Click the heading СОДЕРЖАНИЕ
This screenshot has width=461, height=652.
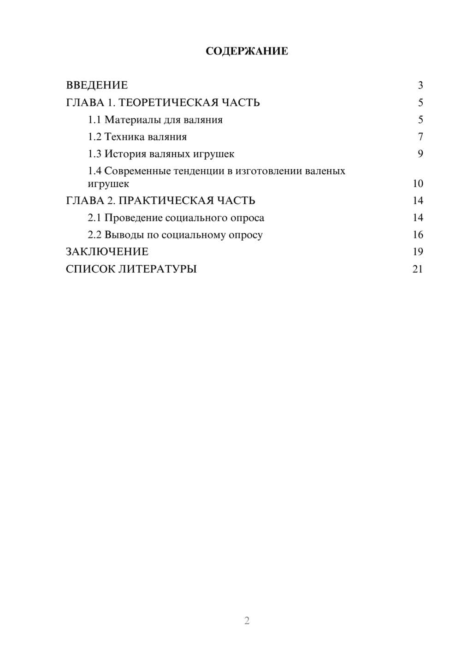point(247,51)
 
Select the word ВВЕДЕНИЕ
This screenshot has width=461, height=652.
point(97,85)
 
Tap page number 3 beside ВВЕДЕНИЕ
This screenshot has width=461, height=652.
point(420,85)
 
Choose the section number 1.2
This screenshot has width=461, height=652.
point(95,137)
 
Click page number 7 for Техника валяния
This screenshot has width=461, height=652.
point(420,137)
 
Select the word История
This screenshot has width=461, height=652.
point(126,154)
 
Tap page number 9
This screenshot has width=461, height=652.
point(420,154)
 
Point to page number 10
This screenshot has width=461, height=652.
point(418,184)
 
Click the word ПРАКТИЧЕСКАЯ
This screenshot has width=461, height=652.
point(165,201)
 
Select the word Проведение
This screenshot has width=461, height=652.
point(133,218)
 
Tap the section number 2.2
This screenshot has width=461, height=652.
point(95,235)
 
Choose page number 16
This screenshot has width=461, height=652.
point(418,235)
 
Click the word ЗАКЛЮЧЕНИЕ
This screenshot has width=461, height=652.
point(107,252)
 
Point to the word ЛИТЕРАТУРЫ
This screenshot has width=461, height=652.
point(157,269)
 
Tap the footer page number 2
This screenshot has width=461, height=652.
point(247,621)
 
